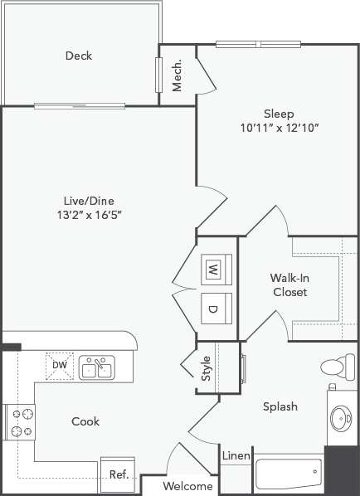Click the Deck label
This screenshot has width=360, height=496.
[x=79, y=56]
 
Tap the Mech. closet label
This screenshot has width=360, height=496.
[x=178, y=77]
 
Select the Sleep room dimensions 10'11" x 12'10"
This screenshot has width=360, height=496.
[x=279, y=129]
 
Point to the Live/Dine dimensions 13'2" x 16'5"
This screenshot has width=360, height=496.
[x=90, y=216]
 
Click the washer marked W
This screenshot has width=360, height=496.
[x=212, y=268]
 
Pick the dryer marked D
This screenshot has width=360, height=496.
[x=212, y=309]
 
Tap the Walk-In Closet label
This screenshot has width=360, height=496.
[x=289, y=285]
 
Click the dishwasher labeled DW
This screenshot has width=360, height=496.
[x=60, y=365]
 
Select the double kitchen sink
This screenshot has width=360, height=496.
[x=97, y=367]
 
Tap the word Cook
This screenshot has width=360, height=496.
[x=85, y=421]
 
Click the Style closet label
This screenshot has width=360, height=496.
[x=206, y=368]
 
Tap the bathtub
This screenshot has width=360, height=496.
[x=288, y=474]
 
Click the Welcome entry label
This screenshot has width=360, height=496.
[x=187, y=486]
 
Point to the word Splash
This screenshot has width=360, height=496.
[x=280, y=406]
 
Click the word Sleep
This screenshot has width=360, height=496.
[x=280, y=114]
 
